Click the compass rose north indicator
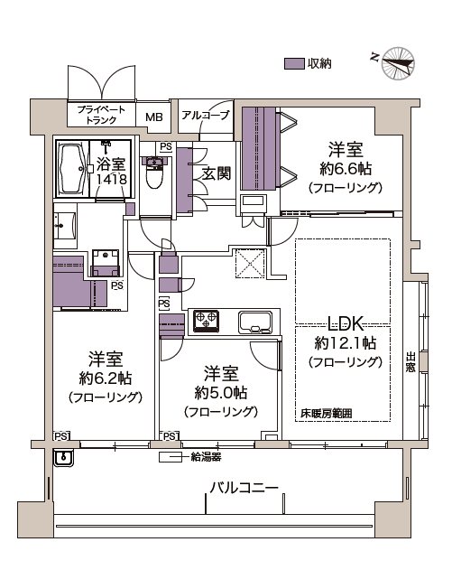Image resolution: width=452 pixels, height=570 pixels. [398, 63]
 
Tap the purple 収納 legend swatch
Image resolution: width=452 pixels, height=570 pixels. [294, 63]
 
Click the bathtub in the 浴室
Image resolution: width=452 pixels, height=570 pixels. [72, 169]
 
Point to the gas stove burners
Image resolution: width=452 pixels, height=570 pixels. [207, 321]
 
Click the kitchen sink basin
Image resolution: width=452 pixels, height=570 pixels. [255, 322]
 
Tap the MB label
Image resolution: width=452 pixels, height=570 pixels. [154, 117]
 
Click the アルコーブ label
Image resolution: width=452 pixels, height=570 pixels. [207, 116]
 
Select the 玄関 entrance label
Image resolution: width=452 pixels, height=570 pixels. [217, 173]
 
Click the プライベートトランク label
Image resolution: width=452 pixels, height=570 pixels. [101, 114]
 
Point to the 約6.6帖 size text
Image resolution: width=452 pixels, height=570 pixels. [346, 170]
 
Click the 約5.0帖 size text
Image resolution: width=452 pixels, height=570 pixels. [221, 393]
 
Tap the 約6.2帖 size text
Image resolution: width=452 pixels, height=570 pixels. [106, 378]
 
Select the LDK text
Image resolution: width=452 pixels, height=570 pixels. [346, 323]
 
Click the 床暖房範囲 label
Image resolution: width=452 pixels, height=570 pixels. [327, 414]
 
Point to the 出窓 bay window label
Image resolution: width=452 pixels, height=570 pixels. [410, 362]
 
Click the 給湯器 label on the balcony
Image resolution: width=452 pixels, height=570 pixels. [206, 457]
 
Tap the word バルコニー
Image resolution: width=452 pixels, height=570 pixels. [244, 487]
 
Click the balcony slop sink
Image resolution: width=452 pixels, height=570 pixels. [63, 457]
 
